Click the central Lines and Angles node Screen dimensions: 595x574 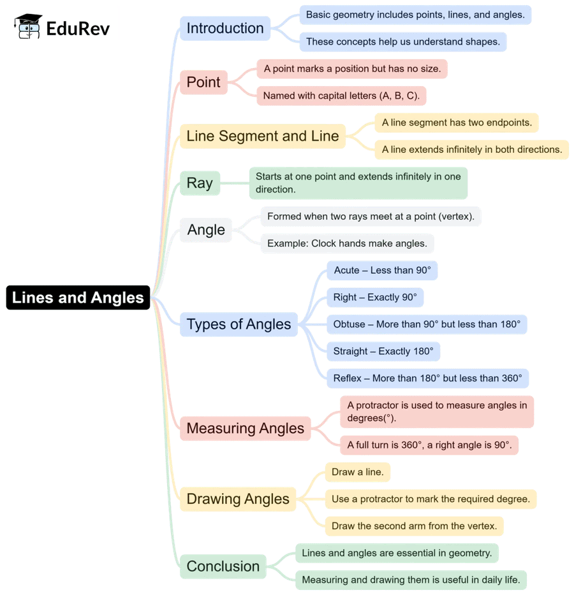(x=78, y=297)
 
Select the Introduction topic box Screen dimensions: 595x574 (x=225, y=28)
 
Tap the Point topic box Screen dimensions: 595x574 (x=203, y=82)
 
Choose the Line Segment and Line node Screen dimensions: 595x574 (x=262, y=136)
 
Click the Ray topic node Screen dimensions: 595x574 (x=200, y=183)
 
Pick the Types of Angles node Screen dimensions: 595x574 (x=239, y=324)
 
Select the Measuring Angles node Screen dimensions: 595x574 (x=245, y=428)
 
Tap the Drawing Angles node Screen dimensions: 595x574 (x=238, y=499)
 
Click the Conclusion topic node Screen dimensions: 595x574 (x=223, y=566)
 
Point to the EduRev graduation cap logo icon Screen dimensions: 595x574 (x=28, y=27)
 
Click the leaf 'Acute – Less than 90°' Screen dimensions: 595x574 (x=382, y=270)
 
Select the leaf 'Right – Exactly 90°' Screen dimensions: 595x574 (x=375, y=297)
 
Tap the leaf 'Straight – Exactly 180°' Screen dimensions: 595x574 (x=383, y=351)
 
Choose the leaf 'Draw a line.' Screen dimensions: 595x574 (x=357, y=472)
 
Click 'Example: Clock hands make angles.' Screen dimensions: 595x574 (x=347, y=243)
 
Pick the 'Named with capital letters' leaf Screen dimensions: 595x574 (x=341, y=96)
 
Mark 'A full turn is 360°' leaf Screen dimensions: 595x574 (x=429, y=445)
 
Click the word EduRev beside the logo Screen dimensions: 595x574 (x=78, y=29)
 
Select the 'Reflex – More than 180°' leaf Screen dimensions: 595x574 (x=427, y=378)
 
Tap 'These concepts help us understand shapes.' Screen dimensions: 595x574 (x=403, y=42)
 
